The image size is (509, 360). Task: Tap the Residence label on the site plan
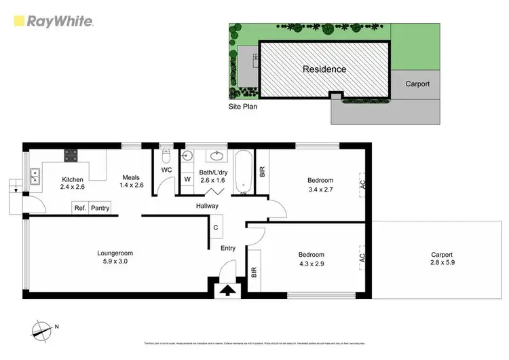(x=324, y=69)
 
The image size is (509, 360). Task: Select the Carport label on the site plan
(x=417, y=84)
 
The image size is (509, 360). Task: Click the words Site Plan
(x=243, y=107)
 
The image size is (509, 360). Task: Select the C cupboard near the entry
(x=216, y=228)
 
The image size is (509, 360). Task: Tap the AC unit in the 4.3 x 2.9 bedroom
(x=362, y=257)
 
